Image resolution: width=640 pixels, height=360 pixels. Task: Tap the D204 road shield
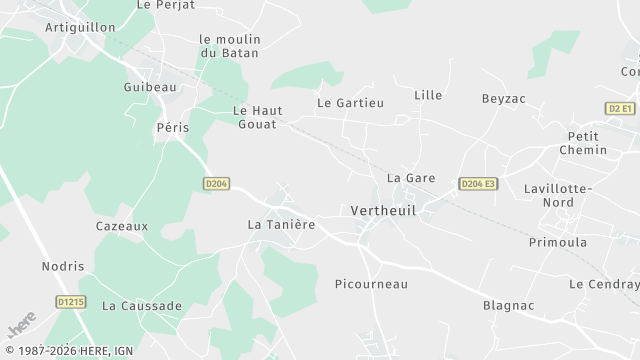216,184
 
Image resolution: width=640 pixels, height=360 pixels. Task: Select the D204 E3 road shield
478,184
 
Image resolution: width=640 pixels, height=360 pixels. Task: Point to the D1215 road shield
70,301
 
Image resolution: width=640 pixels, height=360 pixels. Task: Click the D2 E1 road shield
620,108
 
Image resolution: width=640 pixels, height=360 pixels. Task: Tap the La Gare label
410,178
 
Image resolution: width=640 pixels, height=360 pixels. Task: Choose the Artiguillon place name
81,26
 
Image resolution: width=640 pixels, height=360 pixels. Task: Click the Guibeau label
150,88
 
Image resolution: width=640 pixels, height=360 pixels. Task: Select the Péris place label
172,128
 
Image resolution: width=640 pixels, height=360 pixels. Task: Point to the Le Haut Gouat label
258,117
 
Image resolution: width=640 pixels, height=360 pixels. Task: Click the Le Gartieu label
350,103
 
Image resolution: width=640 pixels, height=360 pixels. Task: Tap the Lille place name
428,95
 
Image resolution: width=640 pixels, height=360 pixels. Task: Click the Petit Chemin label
586,143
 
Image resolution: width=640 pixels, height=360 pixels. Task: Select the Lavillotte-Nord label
558,195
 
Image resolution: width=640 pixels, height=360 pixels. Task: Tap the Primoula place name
558,242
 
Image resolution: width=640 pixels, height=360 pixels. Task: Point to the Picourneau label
371,284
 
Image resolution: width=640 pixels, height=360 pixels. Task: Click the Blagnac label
508,306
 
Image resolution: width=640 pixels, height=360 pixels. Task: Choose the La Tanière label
281,225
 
